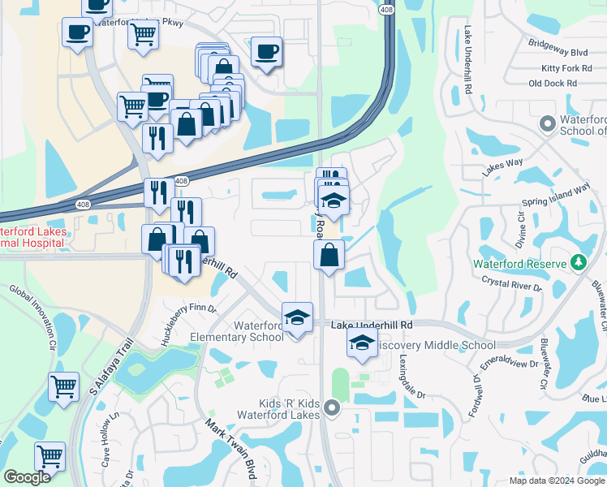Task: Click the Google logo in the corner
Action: [27, 478]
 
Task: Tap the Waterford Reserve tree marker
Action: [578, 263]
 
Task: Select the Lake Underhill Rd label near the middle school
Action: [372, 325]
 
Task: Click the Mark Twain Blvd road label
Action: [224, 449]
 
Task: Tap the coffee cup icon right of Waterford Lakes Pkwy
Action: [266, 53]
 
